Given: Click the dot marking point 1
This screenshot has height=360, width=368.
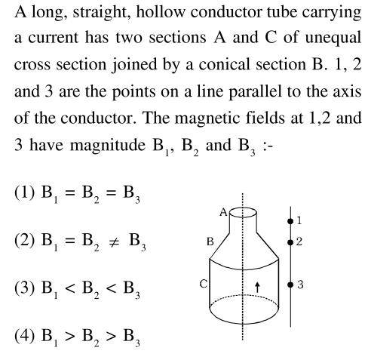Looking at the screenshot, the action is [x=290, y=221].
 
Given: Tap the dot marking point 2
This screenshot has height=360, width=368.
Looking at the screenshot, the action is [x=290, y=242].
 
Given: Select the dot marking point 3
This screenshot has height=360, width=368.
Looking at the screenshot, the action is [x=290, y=285].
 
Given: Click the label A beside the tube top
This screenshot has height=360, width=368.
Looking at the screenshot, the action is [x=223, y=213].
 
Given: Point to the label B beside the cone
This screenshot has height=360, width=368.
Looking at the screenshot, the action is [x=210, y=242].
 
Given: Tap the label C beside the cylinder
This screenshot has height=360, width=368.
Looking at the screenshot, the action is [x=204, y=284].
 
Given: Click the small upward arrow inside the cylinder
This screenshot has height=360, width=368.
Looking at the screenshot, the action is [x=257, y=287].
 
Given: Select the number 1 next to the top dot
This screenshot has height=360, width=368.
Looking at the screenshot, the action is [x=299, y=220].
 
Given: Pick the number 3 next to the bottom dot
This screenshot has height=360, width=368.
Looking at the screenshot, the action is [x=300, y=285].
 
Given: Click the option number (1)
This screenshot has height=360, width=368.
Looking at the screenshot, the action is [x=24, y=193].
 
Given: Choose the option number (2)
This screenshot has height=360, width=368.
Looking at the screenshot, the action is [x=24, y=240].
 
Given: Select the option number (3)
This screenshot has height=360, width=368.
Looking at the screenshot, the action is [x=24, y=288].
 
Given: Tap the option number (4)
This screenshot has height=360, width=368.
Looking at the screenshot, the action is [x=24, y=336].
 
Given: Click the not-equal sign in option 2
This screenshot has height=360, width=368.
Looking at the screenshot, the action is [x=113, y=242].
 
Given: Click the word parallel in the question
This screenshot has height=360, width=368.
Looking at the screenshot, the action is [x=255, y=91].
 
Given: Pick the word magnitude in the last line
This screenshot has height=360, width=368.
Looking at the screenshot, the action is [x=108, y=146].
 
